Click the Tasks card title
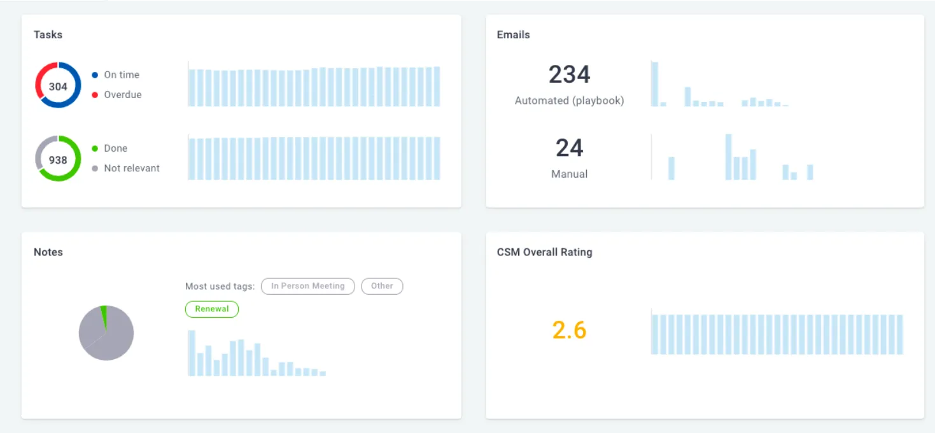coord(48,34)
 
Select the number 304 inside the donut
coord(58,87)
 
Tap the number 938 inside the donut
coord(58,160)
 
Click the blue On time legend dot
coord(95,75)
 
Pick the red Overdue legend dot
coord(95,95)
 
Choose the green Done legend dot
coord(95,148)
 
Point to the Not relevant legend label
coord(132,168)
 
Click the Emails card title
coord(514,34)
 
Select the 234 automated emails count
coord(570,75)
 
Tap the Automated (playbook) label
coord(570,101)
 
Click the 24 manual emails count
coord(570,148)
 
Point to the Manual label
coord(570,174)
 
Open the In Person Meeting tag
coord(308,286)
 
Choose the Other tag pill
coord(382,286)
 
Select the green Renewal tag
coord(212,309)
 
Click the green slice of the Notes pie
coord(104,316)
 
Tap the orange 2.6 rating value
coord(570,330)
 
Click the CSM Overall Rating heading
coord(545,252)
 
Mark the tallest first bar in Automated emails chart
coord(654,84)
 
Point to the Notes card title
coord(48,252)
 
